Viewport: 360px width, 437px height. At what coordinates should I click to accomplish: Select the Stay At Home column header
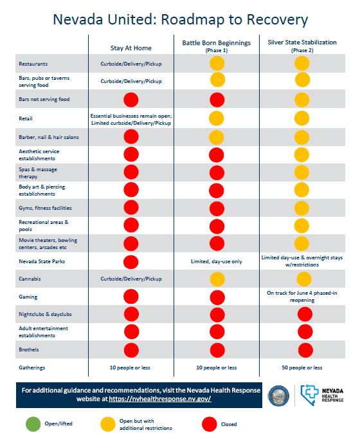(x=131, y=48)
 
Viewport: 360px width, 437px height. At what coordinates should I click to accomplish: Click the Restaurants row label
(x=33, y=64)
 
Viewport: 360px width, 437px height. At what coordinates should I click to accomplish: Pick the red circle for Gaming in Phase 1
(x=217, y=297)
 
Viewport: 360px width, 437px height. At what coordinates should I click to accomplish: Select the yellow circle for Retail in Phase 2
(x=301, y=118)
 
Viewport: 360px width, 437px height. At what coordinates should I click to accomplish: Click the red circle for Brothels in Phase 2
(x=305, y=350)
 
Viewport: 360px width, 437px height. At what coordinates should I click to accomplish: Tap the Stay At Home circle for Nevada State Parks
(x=130, y=262)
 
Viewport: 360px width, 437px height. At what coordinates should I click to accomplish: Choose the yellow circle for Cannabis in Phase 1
(x=217, y=279)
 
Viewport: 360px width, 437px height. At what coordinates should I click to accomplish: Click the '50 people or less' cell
(x=301, y=367)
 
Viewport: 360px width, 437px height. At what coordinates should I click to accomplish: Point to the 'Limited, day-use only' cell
(x=217, y=261)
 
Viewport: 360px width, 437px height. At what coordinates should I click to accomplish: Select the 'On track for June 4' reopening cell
(x=302, y=297)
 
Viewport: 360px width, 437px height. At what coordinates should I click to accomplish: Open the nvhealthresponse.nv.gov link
(x=160, y=399)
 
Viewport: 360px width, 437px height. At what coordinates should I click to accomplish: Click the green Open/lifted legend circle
(x=33, y=424)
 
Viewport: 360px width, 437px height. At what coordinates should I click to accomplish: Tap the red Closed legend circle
(x=210, y=424)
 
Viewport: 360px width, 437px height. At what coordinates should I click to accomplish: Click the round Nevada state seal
(x=278, y=395)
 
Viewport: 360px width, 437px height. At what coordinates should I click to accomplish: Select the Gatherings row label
(x=32, y=367)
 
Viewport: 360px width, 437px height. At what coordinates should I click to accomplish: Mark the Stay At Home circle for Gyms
(x=131, y=208)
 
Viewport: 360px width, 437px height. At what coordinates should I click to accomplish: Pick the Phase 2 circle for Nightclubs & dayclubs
(x=305, y=314)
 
